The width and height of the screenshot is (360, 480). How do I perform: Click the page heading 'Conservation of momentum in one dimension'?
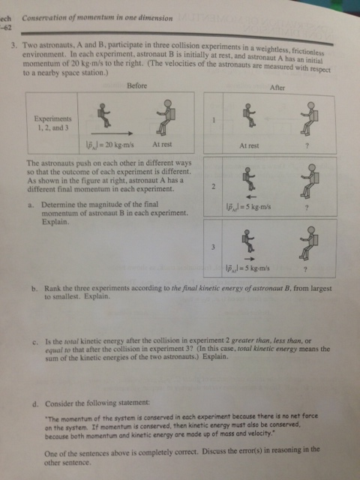[97, 18]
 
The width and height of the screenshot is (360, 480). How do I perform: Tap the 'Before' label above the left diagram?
[136, 85]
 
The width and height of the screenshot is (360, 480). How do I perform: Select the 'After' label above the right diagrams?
[277, 88]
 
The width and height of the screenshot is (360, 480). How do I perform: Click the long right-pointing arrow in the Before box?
[112, 133]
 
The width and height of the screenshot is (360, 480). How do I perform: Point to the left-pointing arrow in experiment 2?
[251, 196]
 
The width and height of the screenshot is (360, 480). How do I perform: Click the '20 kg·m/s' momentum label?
[119, 145]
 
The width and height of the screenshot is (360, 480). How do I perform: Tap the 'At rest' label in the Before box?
[162, 144]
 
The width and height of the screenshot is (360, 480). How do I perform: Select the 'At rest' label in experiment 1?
[249, 146]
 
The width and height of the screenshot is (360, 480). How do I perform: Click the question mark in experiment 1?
[307, 146]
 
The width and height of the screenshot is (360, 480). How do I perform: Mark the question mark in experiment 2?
[307, 208]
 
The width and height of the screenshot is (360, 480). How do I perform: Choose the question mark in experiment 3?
[305, 270]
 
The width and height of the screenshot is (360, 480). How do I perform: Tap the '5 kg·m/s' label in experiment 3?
[256, 268]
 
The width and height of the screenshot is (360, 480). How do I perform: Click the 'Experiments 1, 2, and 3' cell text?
[52, 123]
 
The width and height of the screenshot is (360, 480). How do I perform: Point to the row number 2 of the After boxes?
[213, 187]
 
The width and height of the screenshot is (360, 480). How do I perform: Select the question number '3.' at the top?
[14, 46]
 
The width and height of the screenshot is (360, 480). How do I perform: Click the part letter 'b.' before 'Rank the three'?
[35, 289]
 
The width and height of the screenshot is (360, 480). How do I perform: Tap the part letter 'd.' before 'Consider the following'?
[35, 404]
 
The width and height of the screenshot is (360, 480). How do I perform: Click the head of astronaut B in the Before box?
[168, 103]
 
